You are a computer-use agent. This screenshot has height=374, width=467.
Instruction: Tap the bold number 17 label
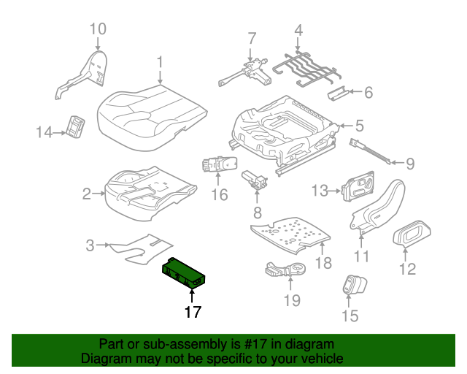point(192,313)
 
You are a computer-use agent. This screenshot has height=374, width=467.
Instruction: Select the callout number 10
point(98,30)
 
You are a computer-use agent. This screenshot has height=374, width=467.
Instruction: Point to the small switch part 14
point(76,127)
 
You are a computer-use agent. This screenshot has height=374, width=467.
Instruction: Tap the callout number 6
point(368,93)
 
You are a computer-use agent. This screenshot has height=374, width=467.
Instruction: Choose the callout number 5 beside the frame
point(359,126)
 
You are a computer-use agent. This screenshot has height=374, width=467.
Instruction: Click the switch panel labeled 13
point(360,187)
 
